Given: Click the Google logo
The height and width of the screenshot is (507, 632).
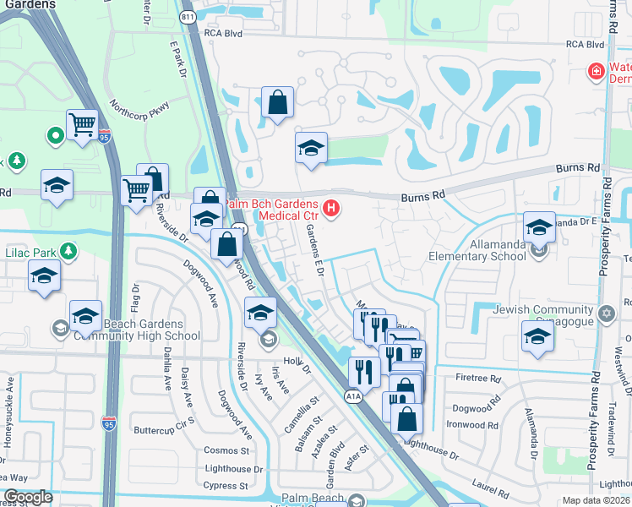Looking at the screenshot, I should (28, 497).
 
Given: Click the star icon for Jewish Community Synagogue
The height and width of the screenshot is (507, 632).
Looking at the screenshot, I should (605, 314).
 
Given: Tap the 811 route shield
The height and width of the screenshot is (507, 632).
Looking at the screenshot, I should (187, 16).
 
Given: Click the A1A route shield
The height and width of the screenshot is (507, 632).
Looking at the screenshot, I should (353, 395).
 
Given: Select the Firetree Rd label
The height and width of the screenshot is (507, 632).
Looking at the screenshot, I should (477, 379).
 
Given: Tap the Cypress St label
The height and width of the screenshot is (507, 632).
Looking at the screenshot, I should (225, 486).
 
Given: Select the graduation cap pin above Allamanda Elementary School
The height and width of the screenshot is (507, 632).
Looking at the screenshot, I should (539, 227).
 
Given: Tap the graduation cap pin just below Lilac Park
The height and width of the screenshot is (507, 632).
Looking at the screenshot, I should (44, 276).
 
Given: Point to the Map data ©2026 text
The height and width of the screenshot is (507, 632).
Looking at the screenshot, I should (595, 500).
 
